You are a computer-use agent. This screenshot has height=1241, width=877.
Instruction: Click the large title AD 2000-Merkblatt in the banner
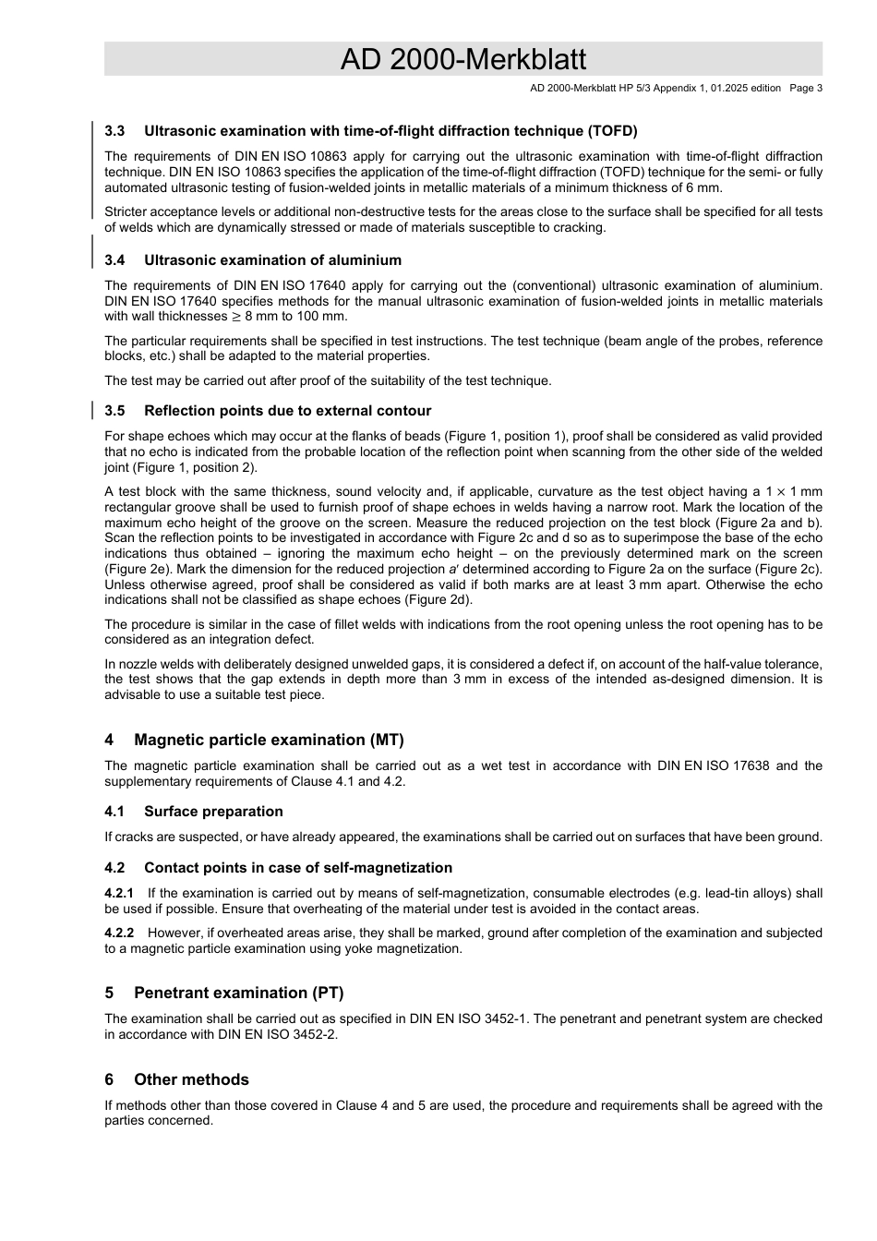click(x=463, y=59)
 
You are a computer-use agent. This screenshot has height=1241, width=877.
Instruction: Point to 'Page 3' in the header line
click(x=805, y=89)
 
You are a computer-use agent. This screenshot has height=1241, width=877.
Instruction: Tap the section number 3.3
click(x=114, y=131)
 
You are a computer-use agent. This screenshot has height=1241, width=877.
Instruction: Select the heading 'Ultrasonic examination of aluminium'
click(x=272, y=260)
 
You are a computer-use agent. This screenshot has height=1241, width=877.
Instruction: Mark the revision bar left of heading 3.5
click(x=92, y=410)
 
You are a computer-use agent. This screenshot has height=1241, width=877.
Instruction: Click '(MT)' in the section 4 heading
click(x=387, y=741)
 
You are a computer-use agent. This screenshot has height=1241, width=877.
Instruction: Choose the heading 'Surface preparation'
click(x=213, y=812)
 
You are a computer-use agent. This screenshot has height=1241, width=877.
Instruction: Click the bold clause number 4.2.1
click(x=119, y=894)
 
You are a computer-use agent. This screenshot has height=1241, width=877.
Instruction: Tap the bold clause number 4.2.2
click(x=119, y=934)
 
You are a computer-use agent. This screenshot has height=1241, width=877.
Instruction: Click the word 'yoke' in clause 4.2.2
click(x=347, y=949)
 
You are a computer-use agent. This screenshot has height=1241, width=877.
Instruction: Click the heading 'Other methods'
click(x=191, y=1080)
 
